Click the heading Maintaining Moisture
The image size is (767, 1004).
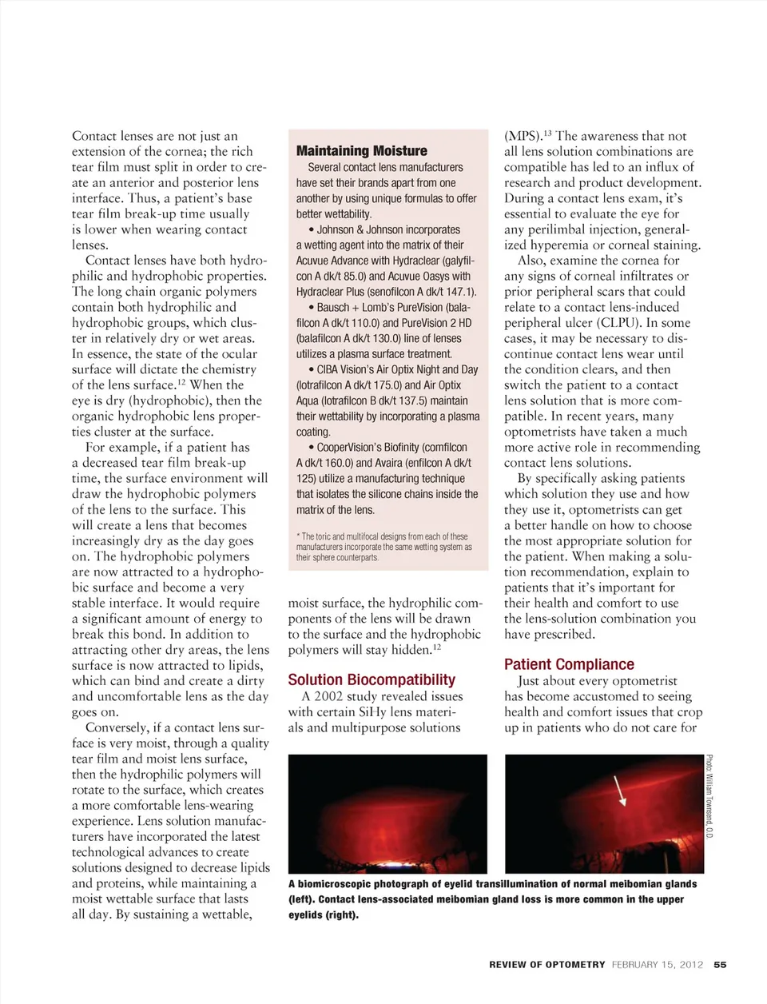tap(361, 151)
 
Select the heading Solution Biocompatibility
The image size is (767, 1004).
tap(372, 680)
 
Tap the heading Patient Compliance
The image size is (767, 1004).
tap(569, 664)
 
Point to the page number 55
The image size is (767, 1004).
tap(720, 965)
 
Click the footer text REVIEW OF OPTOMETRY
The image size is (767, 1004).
tap(547, 965)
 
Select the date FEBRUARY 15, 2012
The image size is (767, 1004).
tap(658, 965)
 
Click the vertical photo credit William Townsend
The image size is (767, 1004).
tap(709, 796)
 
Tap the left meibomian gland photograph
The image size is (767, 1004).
tap(387, 814)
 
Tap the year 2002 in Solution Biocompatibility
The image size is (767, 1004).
tap(328, 696)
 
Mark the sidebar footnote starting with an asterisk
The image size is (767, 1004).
tap(383, 547)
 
